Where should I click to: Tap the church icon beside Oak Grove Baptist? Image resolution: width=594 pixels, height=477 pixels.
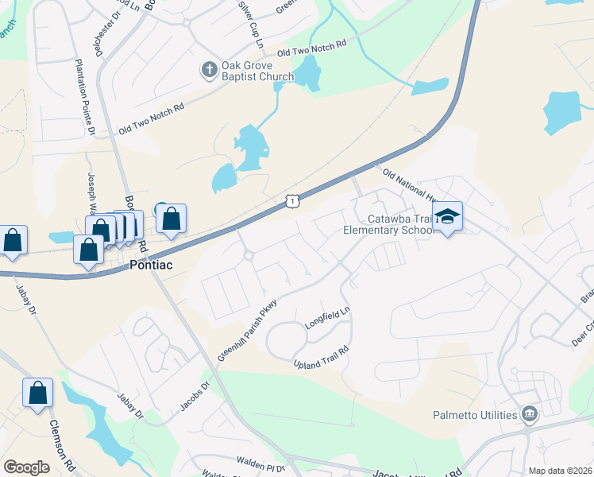coord(209,71)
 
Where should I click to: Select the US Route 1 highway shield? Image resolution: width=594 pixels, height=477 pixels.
coord(293,203)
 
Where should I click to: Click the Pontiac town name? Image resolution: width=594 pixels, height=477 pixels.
coord(152,266)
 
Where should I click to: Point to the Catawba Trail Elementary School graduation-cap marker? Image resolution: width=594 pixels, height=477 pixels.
coord(447,216)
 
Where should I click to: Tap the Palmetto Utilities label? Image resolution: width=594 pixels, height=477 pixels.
coord(475,415)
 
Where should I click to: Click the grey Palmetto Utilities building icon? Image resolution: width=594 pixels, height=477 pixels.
coord(529,414)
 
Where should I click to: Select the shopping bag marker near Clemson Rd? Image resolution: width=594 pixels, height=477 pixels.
coord(37,393)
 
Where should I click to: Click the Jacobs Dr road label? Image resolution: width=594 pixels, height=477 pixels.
coord(194,396)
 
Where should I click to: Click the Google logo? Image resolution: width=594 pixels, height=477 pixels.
coord(26,467)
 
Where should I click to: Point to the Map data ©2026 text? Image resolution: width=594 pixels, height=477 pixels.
coord(559,471)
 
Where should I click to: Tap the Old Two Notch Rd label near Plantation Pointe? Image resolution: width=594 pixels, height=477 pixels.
coord(151,118)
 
